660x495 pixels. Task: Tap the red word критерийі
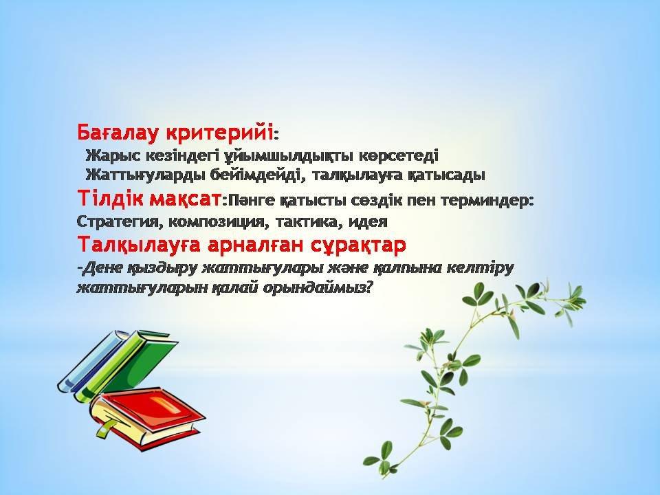click(x=219, y=132)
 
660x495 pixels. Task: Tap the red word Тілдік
click(x=111, y=198)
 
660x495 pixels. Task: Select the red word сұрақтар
click(x=358, y=245)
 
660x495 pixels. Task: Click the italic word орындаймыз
click(x=318, y=288)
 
